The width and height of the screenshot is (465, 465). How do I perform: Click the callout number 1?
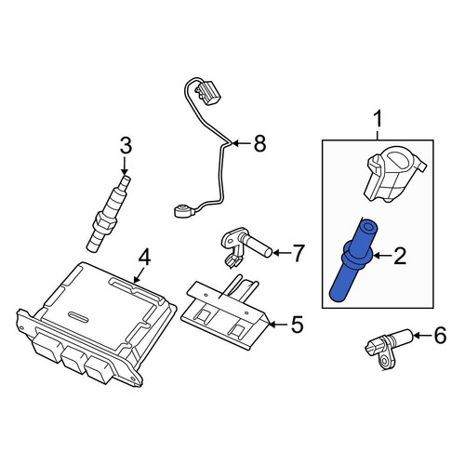[378, 121]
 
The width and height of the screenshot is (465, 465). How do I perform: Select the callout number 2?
[400, 257]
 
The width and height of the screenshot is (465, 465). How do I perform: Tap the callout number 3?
[126, 146]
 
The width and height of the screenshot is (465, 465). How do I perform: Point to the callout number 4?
[144, 259]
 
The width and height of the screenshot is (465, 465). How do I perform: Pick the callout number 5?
[297, 325]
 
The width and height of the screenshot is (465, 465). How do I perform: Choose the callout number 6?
[440, 336]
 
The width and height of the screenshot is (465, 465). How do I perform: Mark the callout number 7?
[298, 253]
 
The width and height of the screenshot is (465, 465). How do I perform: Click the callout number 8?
[259, 143]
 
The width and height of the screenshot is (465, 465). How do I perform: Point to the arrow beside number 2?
[382, 256]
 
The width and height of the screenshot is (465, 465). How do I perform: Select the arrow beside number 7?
[281, 253]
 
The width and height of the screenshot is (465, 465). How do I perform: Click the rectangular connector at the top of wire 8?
[206, 93]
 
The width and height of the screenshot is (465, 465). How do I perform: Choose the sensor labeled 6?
[390, 350]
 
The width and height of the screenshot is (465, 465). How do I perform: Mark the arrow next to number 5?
[278, 325]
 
